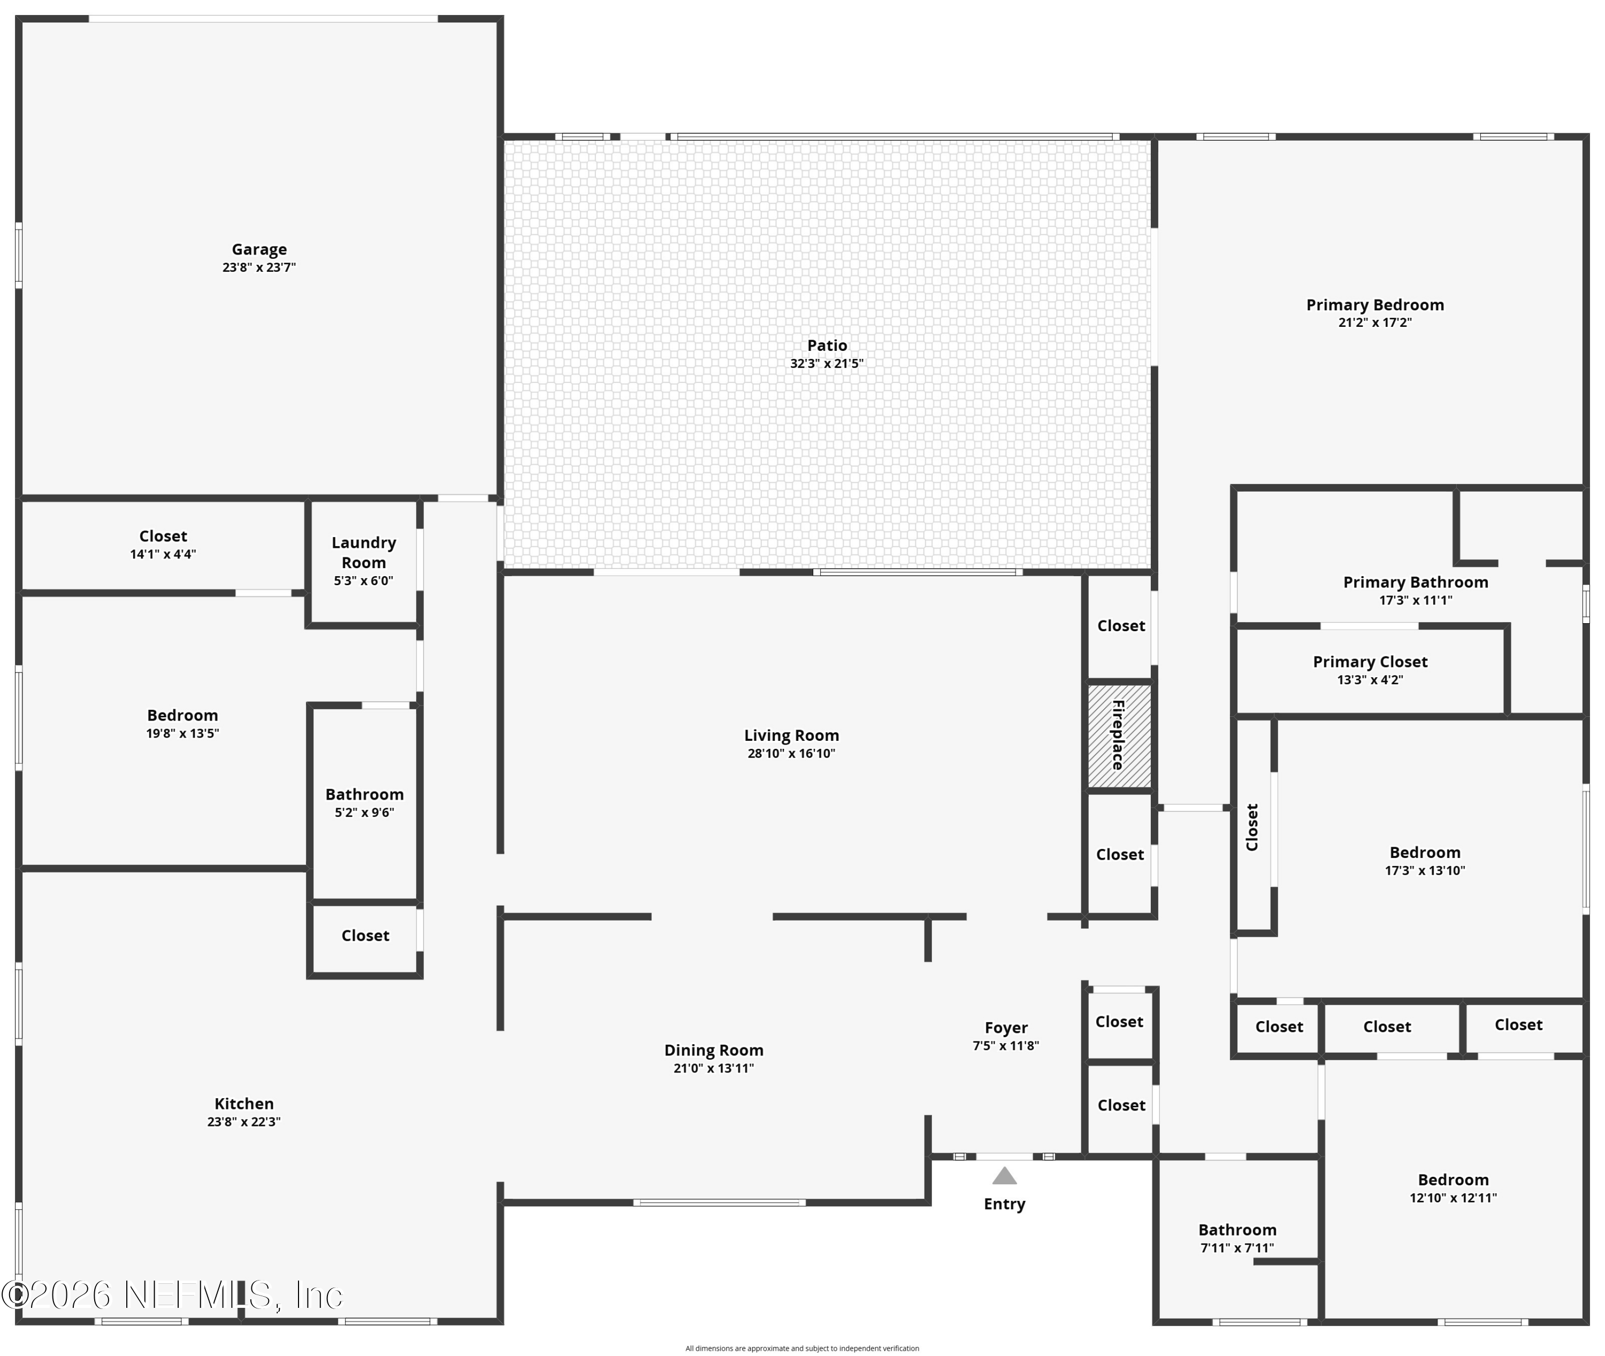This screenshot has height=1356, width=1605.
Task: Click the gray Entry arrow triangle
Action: [1004, 1176]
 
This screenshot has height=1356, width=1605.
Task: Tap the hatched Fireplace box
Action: [1119, 736]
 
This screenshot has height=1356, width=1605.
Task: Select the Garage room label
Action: [259, 250]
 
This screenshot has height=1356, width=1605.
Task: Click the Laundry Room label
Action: [364, 552]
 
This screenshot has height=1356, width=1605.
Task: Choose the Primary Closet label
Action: [1370, 661]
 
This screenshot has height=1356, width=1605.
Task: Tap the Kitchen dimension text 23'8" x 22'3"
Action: [243, 1122]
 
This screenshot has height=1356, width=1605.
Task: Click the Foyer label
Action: [1005, 1028]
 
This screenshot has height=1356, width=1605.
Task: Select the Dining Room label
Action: [713, 1050]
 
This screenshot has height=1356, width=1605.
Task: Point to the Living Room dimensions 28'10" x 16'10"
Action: [791, 753]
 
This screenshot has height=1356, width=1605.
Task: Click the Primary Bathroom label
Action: [1415, 582]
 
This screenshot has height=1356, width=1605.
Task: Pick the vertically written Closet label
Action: [1251, 826]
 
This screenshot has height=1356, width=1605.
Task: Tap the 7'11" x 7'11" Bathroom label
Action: [1237, 1230]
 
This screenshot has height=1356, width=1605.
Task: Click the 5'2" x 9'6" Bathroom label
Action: [364, 794]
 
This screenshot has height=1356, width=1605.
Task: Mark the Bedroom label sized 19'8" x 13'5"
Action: [182, 715]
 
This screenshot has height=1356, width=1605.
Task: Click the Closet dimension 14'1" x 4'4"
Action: [163, 554]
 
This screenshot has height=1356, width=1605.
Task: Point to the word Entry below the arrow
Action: [1004, 1204]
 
